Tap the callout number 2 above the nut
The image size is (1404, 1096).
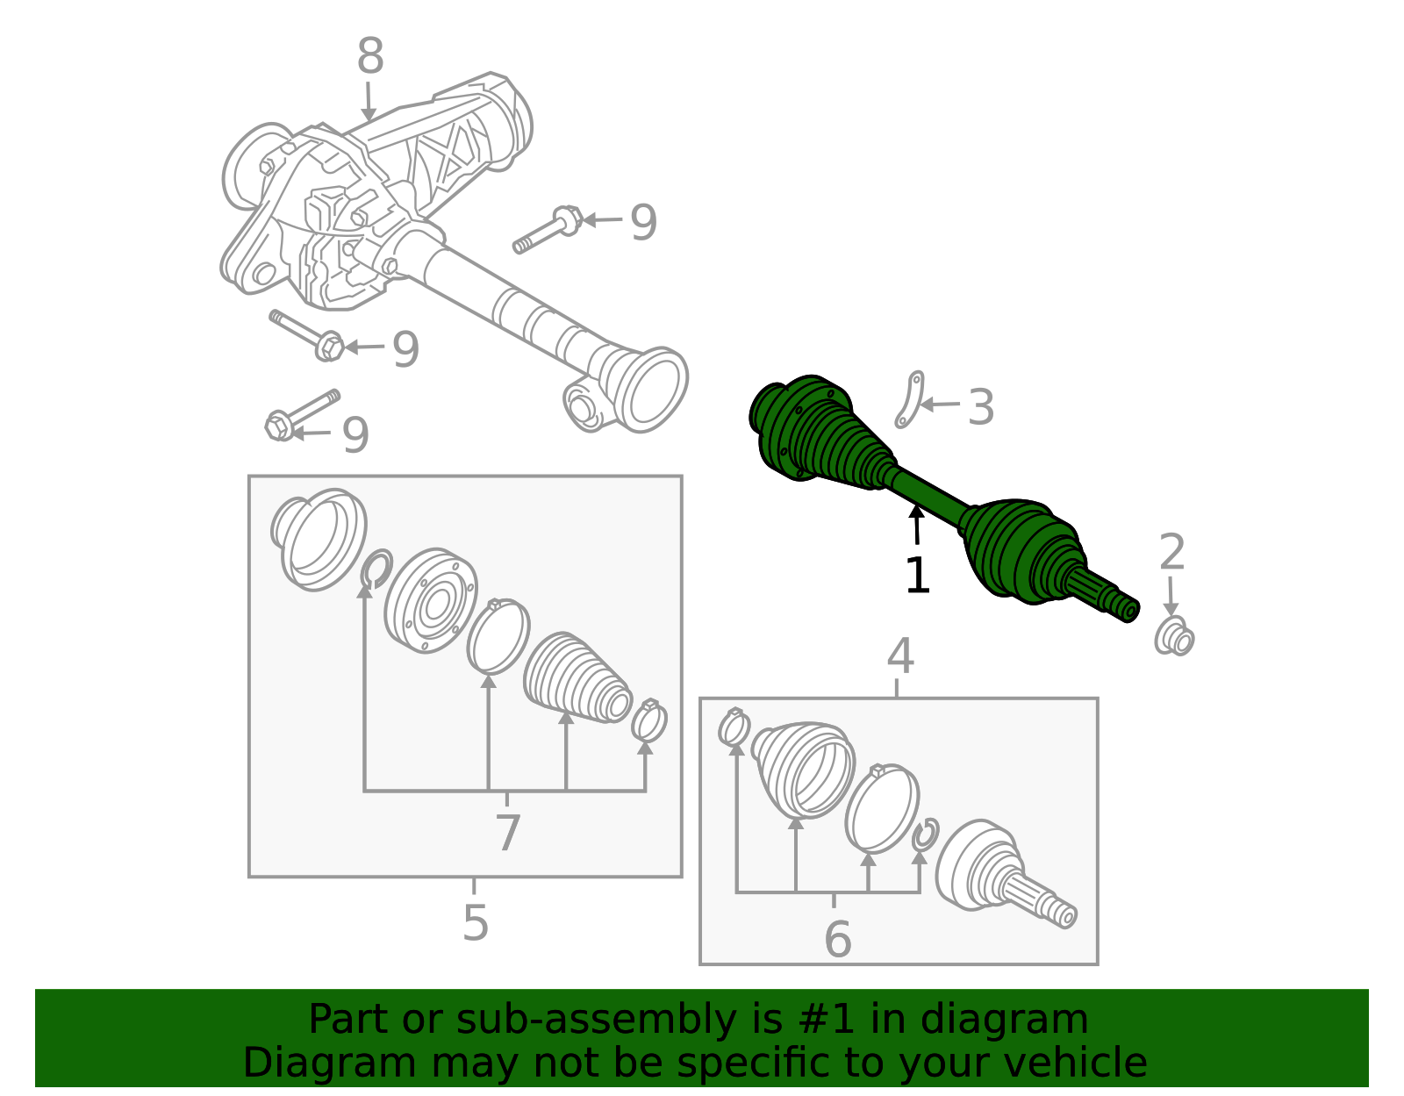point(1172,552)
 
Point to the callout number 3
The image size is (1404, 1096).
point(981,407)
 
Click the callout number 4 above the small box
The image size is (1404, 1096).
point(900,656)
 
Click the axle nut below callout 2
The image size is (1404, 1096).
point(1174,637)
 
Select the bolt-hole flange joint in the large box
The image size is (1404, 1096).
point(431,600)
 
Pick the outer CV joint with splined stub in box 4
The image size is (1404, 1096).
point(1005,874)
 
